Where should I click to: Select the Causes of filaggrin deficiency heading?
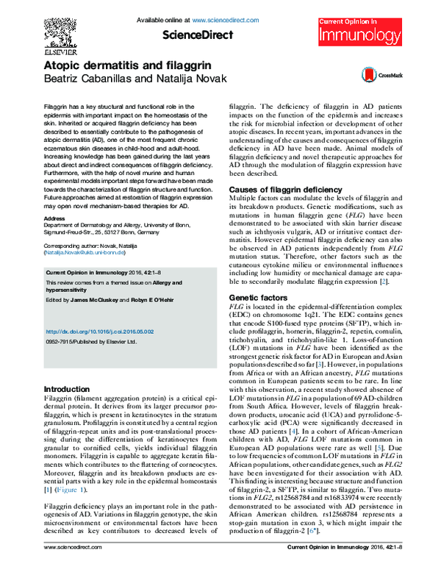click(282, 190)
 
